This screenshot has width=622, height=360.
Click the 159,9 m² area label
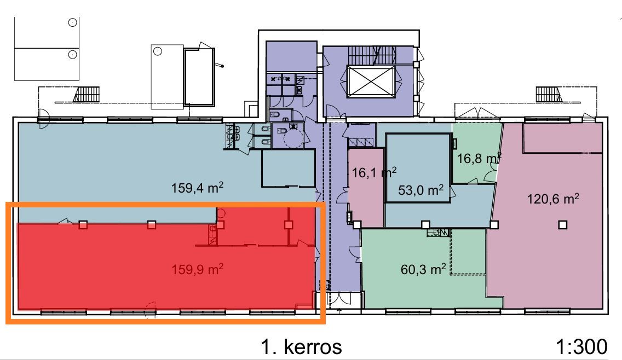pyautogui.click(x=197, y=269)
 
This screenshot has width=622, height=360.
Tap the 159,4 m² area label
pyautogui.click(x=197, y=187)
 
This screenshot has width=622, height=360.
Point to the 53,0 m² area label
pyautogui.click(x=421, y=190)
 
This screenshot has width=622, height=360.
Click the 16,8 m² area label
pyautogui.click(x=479, y=158)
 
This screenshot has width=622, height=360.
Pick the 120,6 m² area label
pyautogui.click(x=552, y=198)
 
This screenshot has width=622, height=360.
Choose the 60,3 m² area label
pyautogui.click(x=423, y=269)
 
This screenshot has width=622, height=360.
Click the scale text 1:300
pyautogui.click(x=581, y=346)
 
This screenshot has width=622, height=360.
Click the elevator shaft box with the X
pyautogui.click(x=371, y=82)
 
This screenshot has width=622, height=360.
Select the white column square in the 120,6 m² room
pyautogui.click(x=562, y=225)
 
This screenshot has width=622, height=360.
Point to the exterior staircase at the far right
pyautogui.click(x=549, y=94)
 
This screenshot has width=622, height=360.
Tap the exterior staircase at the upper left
pyautogui.click(x=85, y=95)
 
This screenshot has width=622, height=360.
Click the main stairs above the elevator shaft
pyautogui.click(x=372, y=55)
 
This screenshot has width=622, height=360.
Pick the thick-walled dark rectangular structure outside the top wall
pyautogui.click(x=199, y=77)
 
